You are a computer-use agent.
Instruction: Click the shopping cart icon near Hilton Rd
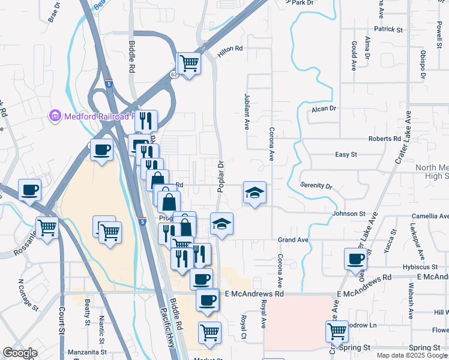point(189,62)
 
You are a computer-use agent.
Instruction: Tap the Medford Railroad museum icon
point(55,115)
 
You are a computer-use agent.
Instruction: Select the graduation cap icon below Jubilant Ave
point(255,193)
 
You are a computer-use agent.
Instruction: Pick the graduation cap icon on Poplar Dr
point(221,224)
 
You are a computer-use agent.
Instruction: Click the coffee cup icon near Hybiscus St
point(355,259)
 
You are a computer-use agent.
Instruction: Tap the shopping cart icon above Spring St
point(337,331)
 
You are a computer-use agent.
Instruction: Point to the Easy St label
point(346,155)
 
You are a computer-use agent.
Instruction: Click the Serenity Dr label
point(316,186)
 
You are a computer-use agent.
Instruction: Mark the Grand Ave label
point(293,240)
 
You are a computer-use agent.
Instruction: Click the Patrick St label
point(388,29)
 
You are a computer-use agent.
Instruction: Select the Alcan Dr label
point(324,109)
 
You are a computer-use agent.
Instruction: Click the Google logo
point(20,353)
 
